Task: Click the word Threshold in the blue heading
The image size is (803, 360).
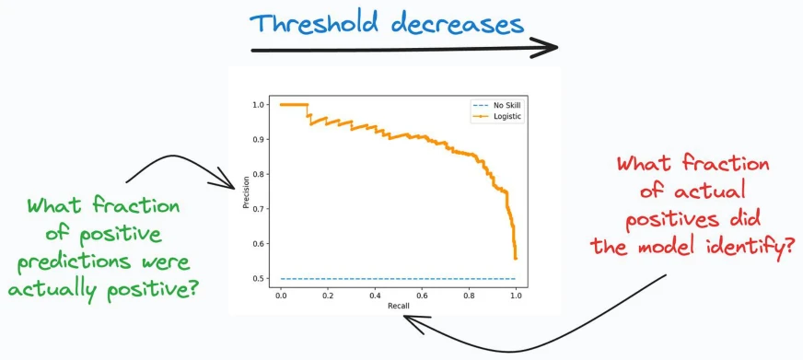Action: coord(316,24)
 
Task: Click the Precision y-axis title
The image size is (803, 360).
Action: coord(246,192)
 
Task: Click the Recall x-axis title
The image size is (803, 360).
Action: coord(398,306)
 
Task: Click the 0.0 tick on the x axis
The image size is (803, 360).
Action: coord(281,296)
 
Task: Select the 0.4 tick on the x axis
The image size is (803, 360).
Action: coord(375,296)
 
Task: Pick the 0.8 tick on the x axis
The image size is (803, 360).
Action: coord(469,296)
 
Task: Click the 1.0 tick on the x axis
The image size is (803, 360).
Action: coord(516,296)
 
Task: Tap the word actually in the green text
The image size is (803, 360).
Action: coord(52,290)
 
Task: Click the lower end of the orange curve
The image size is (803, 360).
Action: coord(516,259)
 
